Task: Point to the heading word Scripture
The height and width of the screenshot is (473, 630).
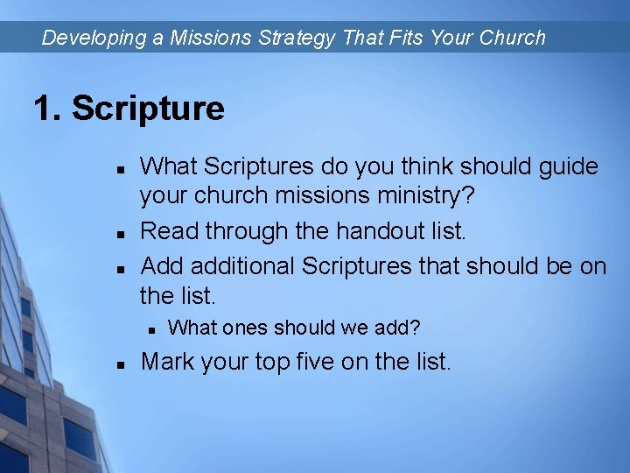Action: [148, 109]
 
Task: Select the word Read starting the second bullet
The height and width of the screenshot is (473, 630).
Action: [169, 231]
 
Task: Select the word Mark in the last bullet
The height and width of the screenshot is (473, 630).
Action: [168, 361]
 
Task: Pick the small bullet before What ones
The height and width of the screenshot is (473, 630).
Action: [150, 330]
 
